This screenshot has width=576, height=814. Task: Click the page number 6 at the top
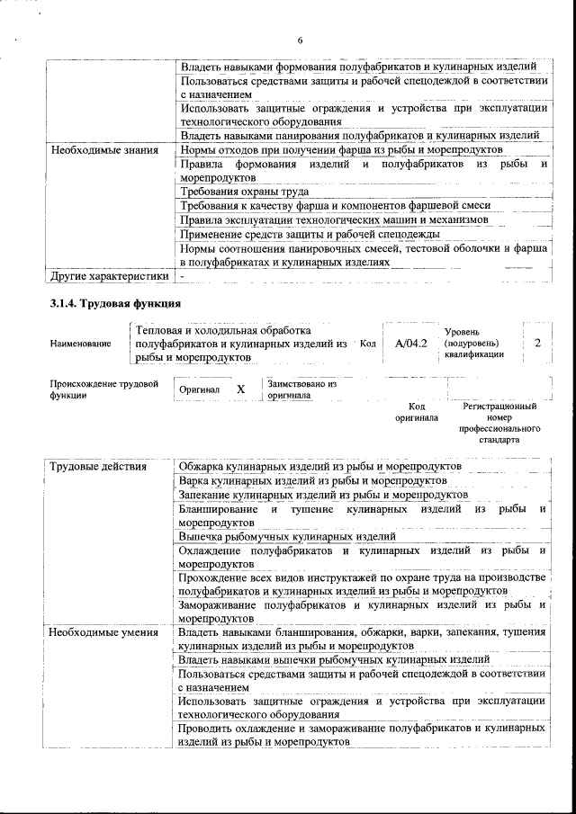[x=301, y=40]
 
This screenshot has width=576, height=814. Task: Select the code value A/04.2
[x=410, y=344]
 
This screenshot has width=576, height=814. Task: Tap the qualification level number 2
[x=537, y=344]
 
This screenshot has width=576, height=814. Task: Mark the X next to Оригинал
[x=240, y=389]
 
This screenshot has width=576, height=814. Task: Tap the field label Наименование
[x=81, y=344]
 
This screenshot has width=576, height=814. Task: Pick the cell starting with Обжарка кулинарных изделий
[x=319, y=467]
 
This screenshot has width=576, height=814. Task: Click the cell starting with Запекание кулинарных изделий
[x=322, y=495]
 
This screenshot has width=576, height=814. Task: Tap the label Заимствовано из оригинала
[x=301, y=389]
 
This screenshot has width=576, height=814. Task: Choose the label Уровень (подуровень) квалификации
[x=473, y=343]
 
